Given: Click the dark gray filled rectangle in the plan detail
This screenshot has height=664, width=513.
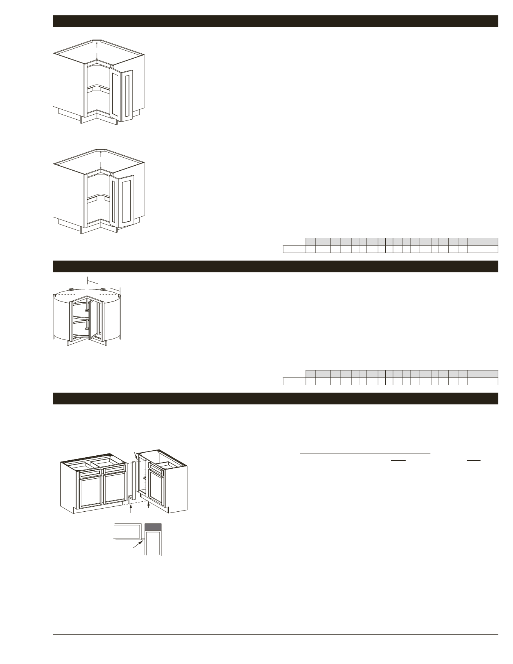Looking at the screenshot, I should pos(153,526).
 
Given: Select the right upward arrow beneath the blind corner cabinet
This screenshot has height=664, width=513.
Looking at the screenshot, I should pos(148,505).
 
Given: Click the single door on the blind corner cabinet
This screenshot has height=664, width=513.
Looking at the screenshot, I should pos(156,485).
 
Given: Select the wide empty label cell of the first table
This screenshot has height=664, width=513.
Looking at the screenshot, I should pos(294,249).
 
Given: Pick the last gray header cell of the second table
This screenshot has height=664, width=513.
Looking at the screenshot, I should pos(488,373).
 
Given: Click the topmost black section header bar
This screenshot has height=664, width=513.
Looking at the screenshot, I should pos(275,21).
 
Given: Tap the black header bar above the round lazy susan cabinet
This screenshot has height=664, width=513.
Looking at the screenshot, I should pos(275,266).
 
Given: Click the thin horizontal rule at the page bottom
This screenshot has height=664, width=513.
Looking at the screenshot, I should pos(275,634).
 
